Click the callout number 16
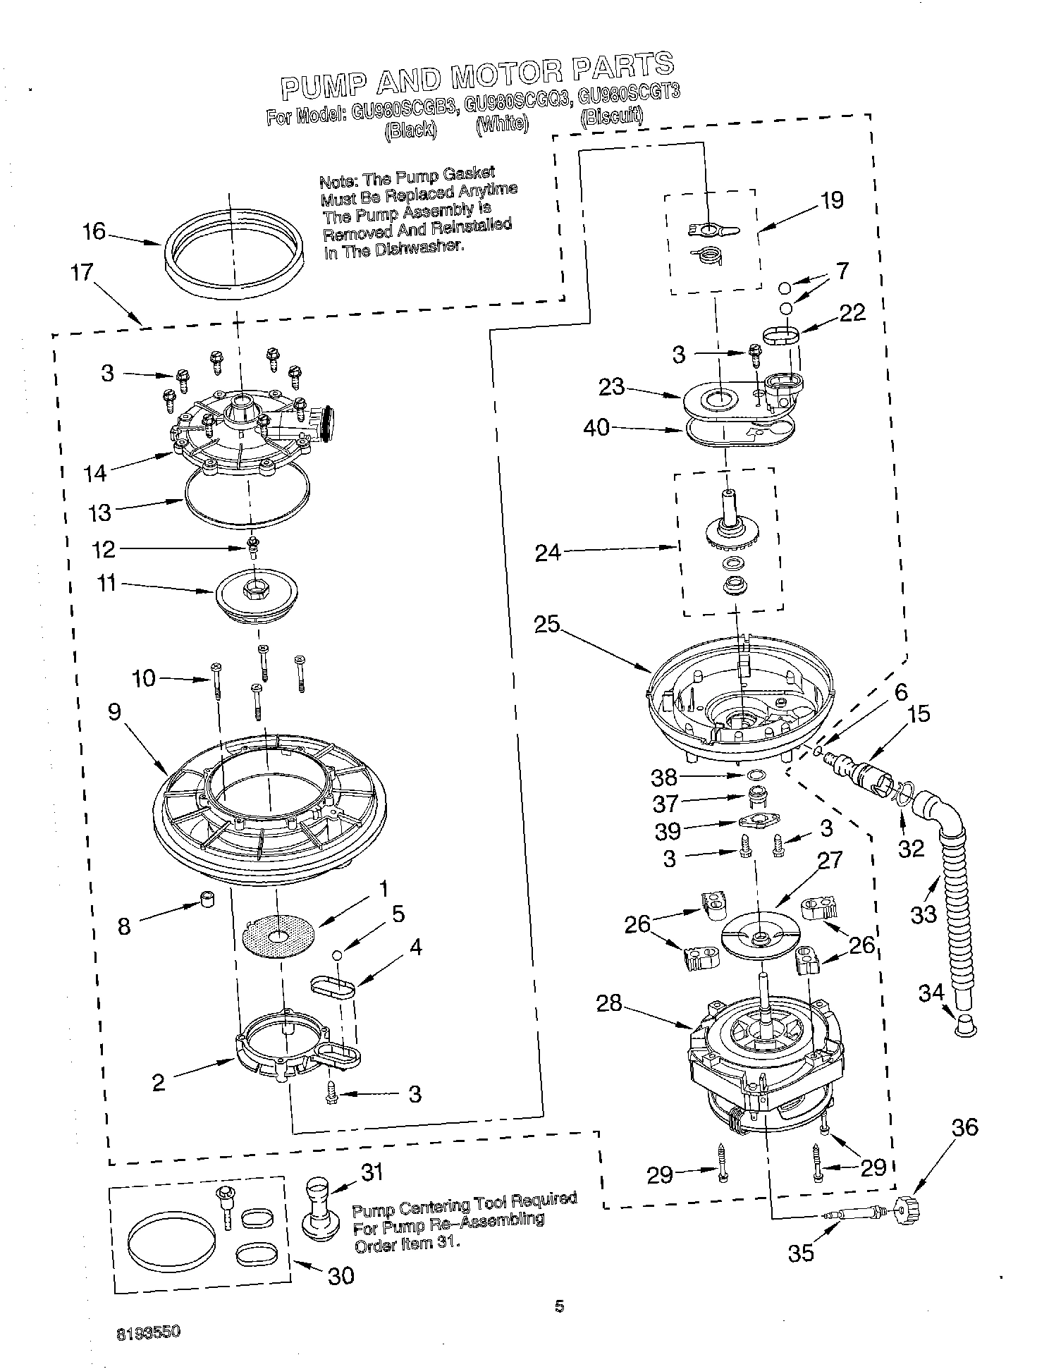point(94,231)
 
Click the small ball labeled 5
point(338,954)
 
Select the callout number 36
point(964,1127)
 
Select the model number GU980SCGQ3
point(517,102)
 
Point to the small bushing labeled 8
point(207,900)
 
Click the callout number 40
point(596,428)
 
